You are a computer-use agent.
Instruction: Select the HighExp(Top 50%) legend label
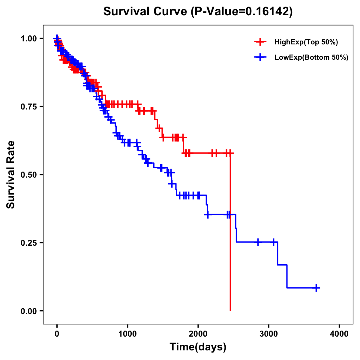point(306,42)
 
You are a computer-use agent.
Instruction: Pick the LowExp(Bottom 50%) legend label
point(311,57)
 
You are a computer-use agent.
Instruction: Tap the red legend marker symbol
point(260,42)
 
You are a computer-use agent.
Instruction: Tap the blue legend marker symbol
point(260,57)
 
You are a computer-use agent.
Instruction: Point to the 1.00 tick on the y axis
point(29,38)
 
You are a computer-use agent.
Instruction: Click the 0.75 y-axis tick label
point(29,106)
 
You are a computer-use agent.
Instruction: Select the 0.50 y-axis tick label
point(29,175)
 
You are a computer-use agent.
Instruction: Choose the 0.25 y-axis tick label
point(29,243)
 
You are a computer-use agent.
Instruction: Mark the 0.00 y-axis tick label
point(29,311)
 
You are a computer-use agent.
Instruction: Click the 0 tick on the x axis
point(57,334)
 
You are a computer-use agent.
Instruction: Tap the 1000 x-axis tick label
point(127,334)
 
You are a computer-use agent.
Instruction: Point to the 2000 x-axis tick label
point(198,334)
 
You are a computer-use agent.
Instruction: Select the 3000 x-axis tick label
point(269,334)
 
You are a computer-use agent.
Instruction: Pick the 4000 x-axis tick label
point(339,334)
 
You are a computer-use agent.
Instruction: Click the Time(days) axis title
point(198,347)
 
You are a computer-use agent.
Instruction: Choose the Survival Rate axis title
point(11,174)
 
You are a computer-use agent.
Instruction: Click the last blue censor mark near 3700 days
point(316,288)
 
